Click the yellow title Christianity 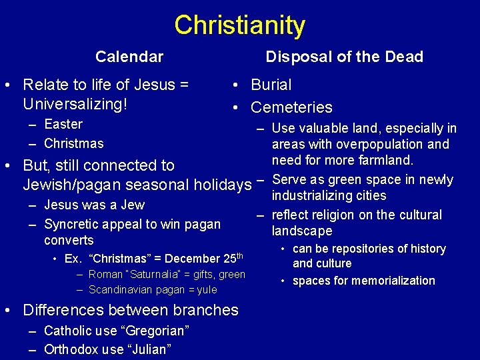click(x=239, y=25)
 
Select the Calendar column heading click(x=129, y=57)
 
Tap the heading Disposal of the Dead click(x=344, y=57)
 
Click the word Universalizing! click(x=75, y=105)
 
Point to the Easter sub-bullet click(x=63, y=124)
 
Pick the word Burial click(x=271, y=85)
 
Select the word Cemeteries click(x=291, y=107)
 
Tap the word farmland click(x=384, y=161)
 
